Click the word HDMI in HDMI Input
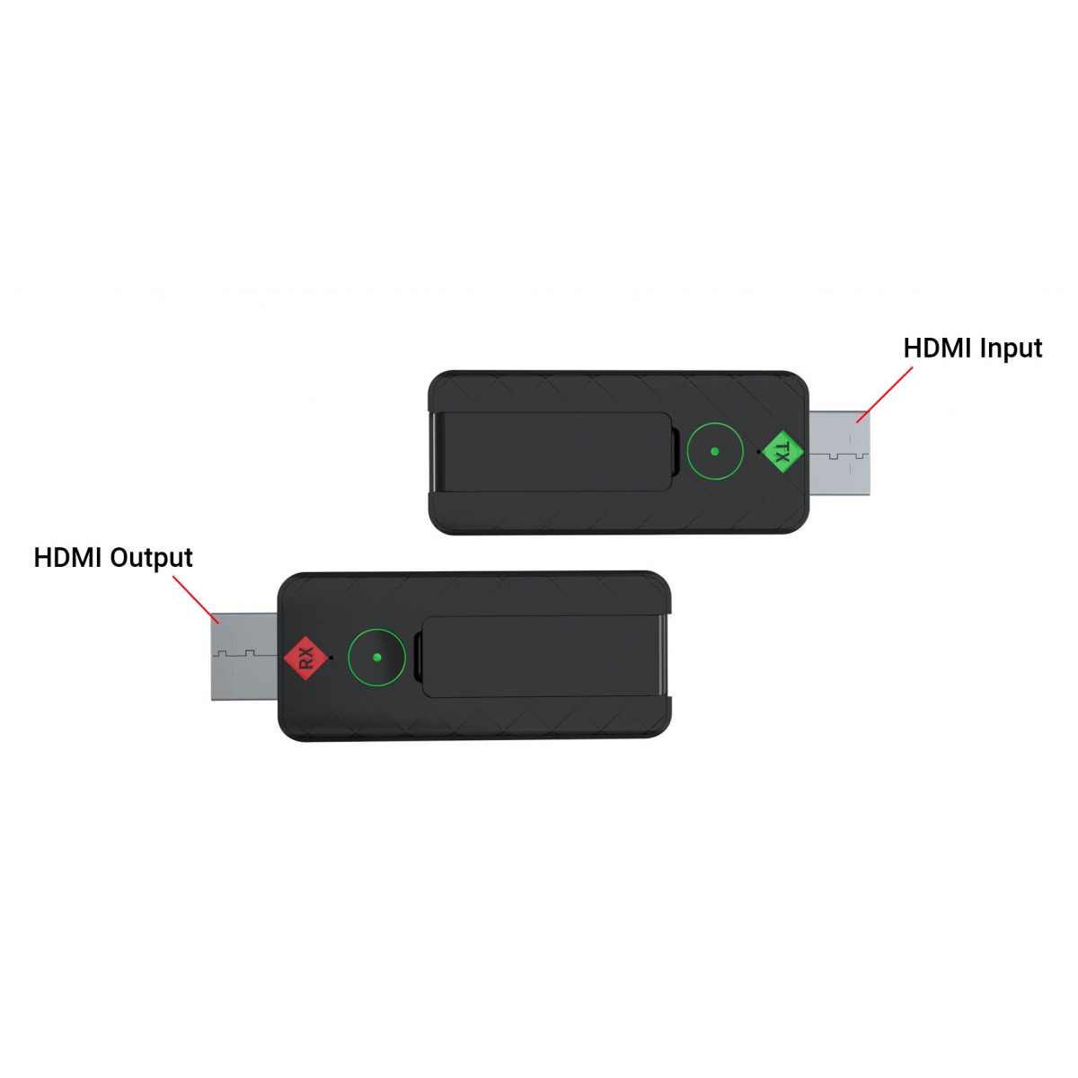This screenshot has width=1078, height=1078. [x=936, y=348]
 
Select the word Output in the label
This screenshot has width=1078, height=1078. [x=151, y=558]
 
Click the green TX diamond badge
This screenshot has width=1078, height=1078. [x=782, y=451]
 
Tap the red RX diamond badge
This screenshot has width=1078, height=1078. [x=305, y=658]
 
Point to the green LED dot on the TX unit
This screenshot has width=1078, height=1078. [x=714, y=452]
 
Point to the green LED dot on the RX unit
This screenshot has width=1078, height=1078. [x=376, y=658]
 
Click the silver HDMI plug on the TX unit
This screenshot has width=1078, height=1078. [x=839, y=453]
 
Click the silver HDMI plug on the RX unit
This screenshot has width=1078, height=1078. [x=244, y=657]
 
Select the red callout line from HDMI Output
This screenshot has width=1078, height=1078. [x=196, y=600]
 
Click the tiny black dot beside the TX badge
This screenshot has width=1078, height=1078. [x=758, y=452]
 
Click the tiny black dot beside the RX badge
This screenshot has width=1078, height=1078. [x=331, y=658]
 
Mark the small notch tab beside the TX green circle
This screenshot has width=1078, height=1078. [x=676, y=452]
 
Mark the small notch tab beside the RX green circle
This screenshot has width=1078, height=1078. [x=418, y=658]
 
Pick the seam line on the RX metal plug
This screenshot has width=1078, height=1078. [x=244, y=653]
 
